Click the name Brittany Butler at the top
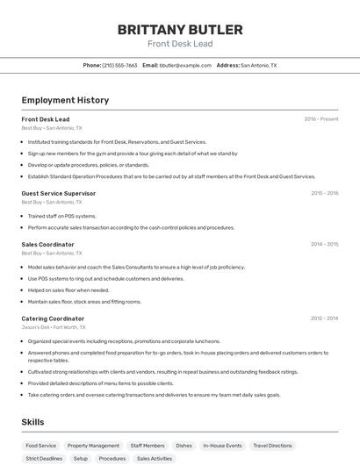coord(179,29)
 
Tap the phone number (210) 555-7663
coord(119,65)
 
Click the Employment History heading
coord(65,100)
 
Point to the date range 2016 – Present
coord(320,119)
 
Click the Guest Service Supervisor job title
coord(58,193)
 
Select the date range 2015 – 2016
coord(324,193)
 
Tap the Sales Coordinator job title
coord(47,244)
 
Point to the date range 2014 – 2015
coord(324,244)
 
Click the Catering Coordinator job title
coord(53,318)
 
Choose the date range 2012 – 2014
coord(324,318)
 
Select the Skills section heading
coord(32,422)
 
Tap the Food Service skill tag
coord(41,446)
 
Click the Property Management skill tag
coord(93,446)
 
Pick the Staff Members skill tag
coord(148,446)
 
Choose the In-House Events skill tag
coord(222,446)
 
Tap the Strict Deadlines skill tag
coord(44,458)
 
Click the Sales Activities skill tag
coord(155,458)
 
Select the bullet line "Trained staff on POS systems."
coord(61,216)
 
